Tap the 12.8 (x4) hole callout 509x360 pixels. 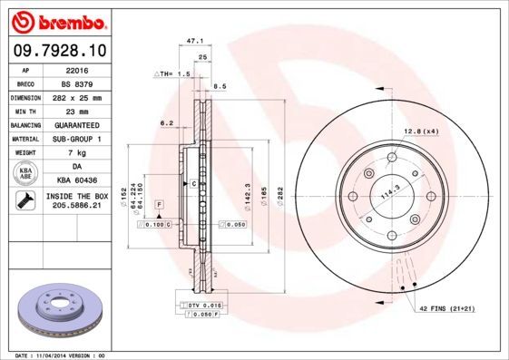421,132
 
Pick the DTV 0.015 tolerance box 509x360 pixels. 203,307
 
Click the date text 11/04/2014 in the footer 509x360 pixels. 58,355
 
